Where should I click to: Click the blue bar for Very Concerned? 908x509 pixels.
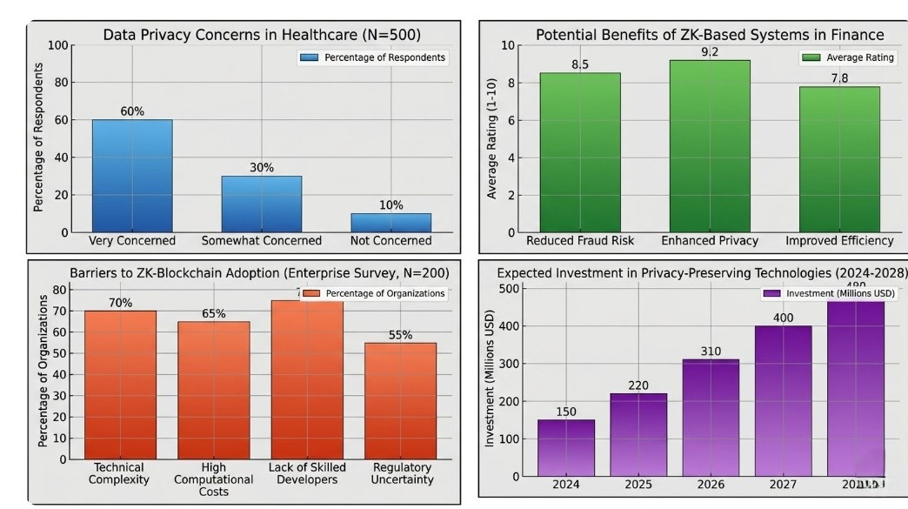point(132,176)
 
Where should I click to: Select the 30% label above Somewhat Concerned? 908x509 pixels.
point(261,167)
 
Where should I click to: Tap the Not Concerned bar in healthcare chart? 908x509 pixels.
point(391,223)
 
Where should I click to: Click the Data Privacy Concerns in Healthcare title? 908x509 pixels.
point(262,35)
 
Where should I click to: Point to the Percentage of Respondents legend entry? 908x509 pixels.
point(374,57)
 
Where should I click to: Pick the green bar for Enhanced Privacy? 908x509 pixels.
point(710,145)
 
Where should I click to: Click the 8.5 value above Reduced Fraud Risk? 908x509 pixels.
point(580,64)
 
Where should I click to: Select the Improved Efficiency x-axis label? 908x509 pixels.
point(839,240)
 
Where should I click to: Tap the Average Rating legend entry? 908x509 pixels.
point(848,57)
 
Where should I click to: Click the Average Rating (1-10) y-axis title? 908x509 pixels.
point(492,139)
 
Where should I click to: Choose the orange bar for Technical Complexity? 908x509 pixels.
point(120,385)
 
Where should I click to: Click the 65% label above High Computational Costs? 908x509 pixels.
point(214,313)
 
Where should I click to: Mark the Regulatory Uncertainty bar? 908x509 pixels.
point(400,400)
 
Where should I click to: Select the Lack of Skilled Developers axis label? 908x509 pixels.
point(307,473)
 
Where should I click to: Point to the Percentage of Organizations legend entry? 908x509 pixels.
point(376,293)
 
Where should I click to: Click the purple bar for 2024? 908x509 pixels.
point(566,447)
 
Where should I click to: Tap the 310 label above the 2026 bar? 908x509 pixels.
point(711,352)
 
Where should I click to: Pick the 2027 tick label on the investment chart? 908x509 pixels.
point(783,484)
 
